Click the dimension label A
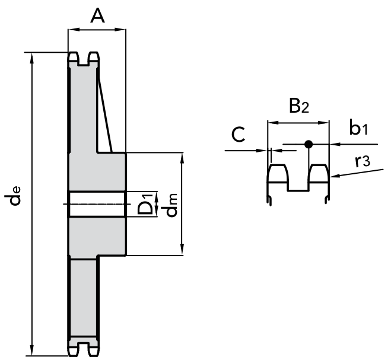pos(97,15)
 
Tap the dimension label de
pos(12,196)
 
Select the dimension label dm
pos(171,205)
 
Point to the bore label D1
pos(145,204)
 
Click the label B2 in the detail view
pos(298,106)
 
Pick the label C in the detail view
pos(238,135)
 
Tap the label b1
pos(358,128)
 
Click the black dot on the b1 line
pos(309,144)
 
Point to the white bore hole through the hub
pos(97,205)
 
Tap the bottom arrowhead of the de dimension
pos(31,351)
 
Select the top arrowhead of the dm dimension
pos(182,158)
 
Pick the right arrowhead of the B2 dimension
pos(324,123)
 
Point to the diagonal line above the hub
pos(105,114)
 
